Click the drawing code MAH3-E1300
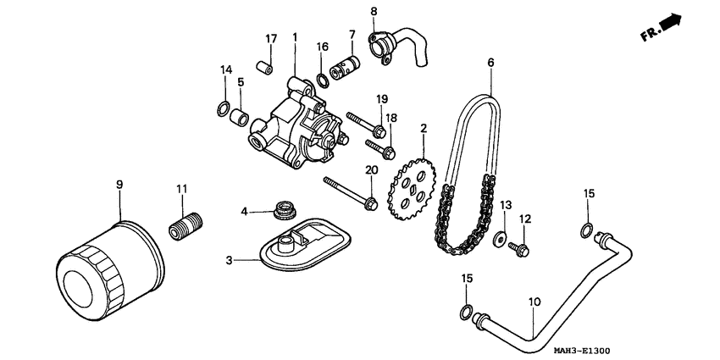pyautogui.click(x=581, y=351)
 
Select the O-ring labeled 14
pyautogui.click(x=222, y=108)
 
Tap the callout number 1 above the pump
pyautogui.click(x=295, y=38)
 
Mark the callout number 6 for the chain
pyautogui.click(x=490, y=62)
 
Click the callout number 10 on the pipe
pyautogui.click(x=534, y=301)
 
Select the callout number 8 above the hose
pyautogui.click(x=373, y=11)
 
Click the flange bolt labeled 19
pyautogui.click(x=364, y=125)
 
